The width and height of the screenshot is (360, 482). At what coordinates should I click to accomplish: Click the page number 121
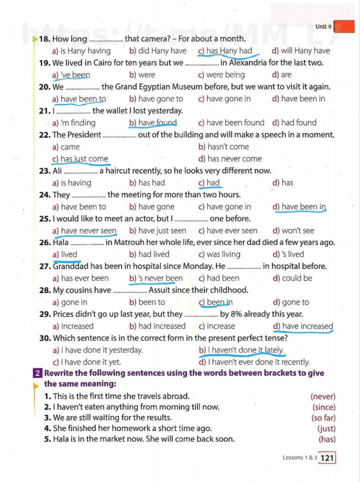327,457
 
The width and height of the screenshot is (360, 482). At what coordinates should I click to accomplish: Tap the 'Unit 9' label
323,26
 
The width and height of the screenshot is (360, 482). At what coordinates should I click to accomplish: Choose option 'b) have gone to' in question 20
156,99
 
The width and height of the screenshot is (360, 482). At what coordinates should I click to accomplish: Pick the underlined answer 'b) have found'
152,122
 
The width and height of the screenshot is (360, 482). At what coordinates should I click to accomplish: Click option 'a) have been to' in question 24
79,207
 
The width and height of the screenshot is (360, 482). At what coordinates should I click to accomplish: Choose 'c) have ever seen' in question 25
227,231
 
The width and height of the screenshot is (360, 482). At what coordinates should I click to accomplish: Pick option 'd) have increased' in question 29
302,326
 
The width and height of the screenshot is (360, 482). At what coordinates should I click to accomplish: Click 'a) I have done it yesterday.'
97,350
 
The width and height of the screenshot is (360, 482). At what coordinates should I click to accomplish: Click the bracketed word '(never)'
322,396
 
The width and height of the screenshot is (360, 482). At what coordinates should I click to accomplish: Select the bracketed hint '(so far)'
323,418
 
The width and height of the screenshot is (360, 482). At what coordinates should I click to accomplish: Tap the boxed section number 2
38,373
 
